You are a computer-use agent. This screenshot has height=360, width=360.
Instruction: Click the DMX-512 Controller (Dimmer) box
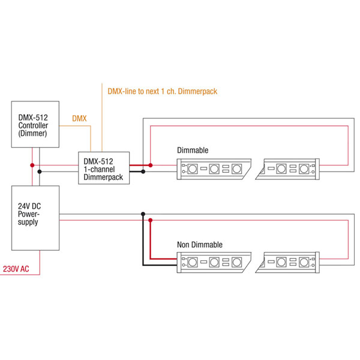pos(36,124)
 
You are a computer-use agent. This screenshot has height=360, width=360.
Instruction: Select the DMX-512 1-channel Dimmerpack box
pos(103,167)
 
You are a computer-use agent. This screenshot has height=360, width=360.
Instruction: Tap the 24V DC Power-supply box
pos(36,217)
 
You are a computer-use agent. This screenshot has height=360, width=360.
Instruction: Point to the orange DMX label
pos(79,119)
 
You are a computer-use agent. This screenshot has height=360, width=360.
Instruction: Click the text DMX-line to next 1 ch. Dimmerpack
pos(161,91)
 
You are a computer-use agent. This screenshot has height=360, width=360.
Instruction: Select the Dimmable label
pos(193,150)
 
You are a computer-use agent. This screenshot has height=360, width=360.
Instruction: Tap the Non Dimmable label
pos(199,245)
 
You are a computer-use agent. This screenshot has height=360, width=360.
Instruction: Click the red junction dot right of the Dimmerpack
pos(151,164)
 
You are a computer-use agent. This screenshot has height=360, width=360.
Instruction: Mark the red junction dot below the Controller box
pos(31,164)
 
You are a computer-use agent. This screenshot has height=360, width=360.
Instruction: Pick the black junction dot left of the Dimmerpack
pos(40,172)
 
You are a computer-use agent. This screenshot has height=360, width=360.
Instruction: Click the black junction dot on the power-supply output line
pos(143,214)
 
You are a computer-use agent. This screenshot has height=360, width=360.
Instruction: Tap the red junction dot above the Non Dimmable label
pos(151,220)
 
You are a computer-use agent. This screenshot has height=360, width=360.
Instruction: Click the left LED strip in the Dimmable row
pos(213,169)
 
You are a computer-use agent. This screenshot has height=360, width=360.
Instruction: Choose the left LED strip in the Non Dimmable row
pos(213,262)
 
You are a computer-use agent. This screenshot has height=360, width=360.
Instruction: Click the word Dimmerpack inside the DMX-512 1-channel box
pos(103,177)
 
